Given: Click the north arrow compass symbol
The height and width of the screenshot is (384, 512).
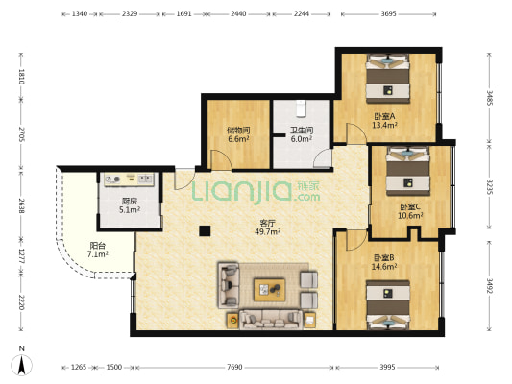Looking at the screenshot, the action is point(21,364).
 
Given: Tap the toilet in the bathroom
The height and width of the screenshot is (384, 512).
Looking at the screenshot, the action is point(301,108).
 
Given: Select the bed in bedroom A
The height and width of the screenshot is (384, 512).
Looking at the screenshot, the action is point(388,79).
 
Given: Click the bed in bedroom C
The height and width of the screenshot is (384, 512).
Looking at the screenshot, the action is point(408,171).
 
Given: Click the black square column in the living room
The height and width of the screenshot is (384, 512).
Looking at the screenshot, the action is point(205,230).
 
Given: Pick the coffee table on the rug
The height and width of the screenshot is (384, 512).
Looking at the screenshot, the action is point(269,290).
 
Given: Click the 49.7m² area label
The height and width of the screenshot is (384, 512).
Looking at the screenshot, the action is point(267,231).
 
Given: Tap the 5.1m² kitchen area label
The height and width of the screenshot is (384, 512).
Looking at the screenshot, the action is point(130,210).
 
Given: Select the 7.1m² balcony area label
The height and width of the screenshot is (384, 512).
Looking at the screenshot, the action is point(98,254).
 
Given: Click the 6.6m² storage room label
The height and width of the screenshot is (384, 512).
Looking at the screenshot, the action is point(238,139).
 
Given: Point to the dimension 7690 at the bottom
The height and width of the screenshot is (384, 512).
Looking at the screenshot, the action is point(234,367).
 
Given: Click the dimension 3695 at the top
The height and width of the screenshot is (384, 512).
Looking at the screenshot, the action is point(389,13).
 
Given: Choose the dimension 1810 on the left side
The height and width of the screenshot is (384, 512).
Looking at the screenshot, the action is point(21,77).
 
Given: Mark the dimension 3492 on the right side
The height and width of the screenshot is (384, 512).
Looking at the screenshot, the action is point(489,285).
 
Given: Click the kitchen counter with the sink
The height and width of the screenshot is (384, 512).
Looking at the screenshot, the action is point(129,180).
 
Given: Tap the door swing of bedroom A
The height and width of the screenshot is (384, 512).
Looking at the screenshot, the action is point(356,133).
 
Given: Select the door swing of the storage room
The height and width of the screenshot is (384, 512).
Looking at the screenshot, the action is point(222,160).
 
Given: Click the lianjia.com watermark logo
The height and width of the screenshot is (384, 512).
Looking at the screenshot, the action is point(256,191).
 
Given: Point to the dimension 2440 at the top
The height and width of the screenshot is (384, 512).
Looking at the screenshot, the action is point(238,13).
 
